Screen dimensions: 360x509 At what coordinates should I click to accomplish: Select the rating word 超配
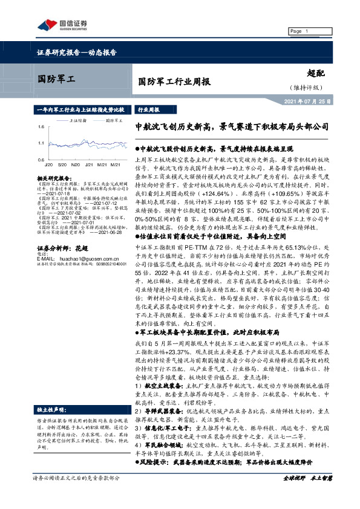pyautogui.click(x=316, y=72)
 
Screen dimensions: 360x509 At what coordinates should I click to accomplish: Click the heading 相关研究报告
pyautogui.click(x=52, y=180)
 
